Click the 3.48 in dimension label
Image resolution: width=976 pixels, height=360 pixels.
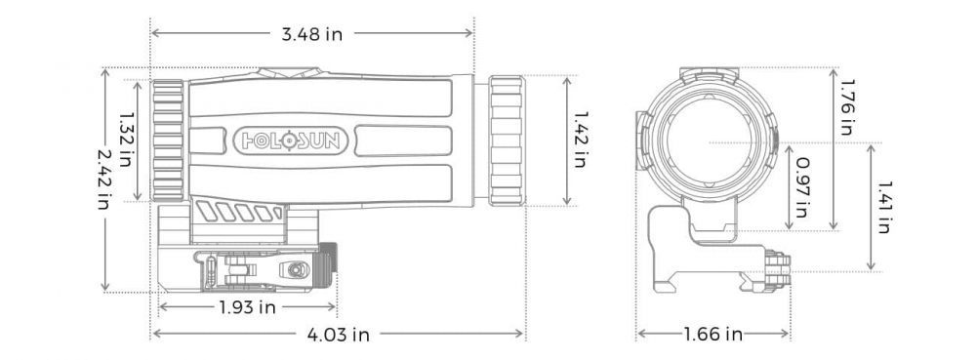coord(311,34)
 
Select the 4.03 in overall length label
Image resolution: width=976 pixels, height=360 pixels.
coord(338,335)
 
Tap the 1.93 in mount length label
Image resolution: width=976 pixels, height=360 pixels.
coord(247,307)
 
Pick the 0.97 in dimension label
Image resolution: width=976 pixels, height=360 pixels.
coord(802,186)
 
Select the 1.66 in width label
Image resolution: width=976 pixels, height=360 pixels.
coord(713,335)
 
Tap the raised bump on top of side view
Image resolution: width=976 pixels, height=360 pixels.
coord(289,71)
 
